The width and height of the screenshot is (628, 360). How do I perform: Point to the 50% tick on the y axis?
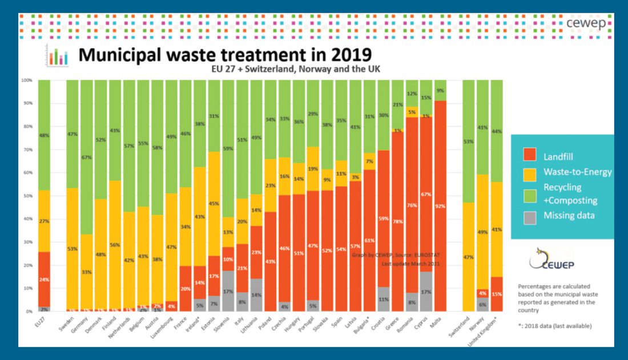coord(26,196)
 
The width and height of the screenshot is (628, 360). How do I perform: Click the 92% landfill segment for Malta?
coord(440,206)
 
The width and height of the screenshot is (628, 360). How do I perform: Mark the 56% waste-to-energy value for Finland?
coord(115,245)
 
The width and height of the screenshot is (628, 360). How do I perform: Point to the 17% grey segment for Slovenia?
coord(227,291)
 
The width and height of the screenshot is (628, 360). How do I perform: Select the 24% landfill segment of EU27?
coord(45,280)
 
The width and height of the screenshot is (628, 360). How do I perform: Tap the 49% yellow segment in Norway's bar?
coord(482,232)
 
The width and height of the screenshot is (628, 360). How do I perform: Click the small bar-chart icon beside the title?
coord(58,56)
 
